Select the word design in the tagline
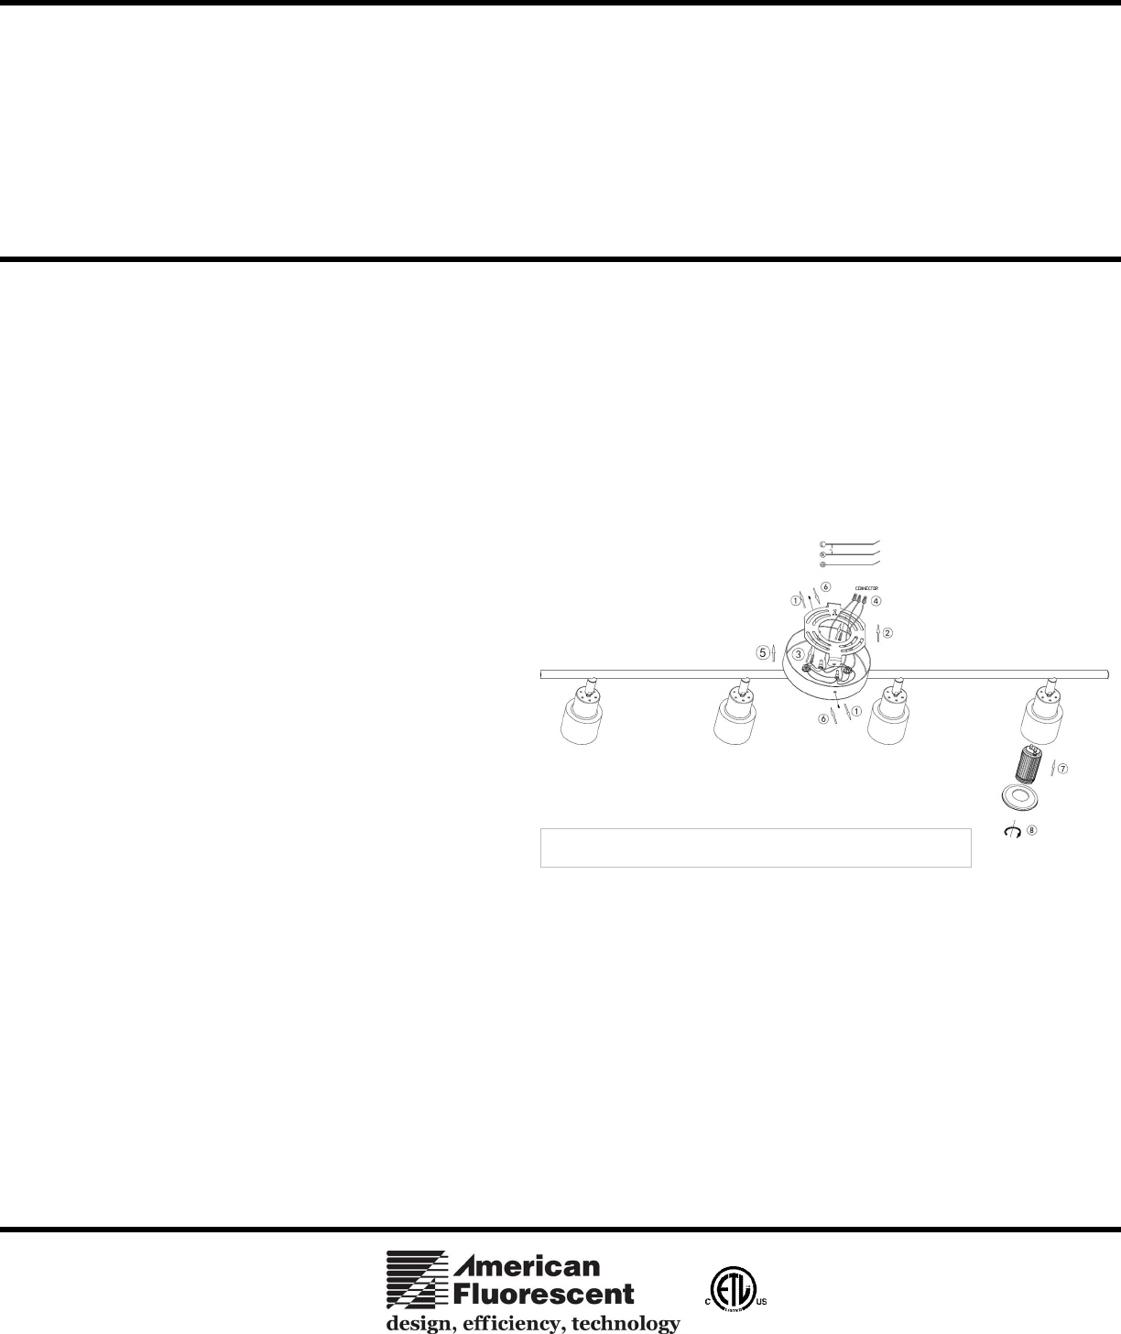[418, 1322]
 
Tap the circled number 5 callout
[762, 652]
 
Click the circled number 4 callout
[876, 601]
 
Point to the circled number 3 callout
[799, 654]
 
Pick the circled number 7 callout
[1062, 770]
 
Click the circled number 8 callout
[1032, 831]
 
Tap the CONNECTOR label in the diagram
[866, 587]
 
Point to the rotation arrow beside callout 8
[1012, 832]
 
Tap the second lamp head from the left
[736, 715]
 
